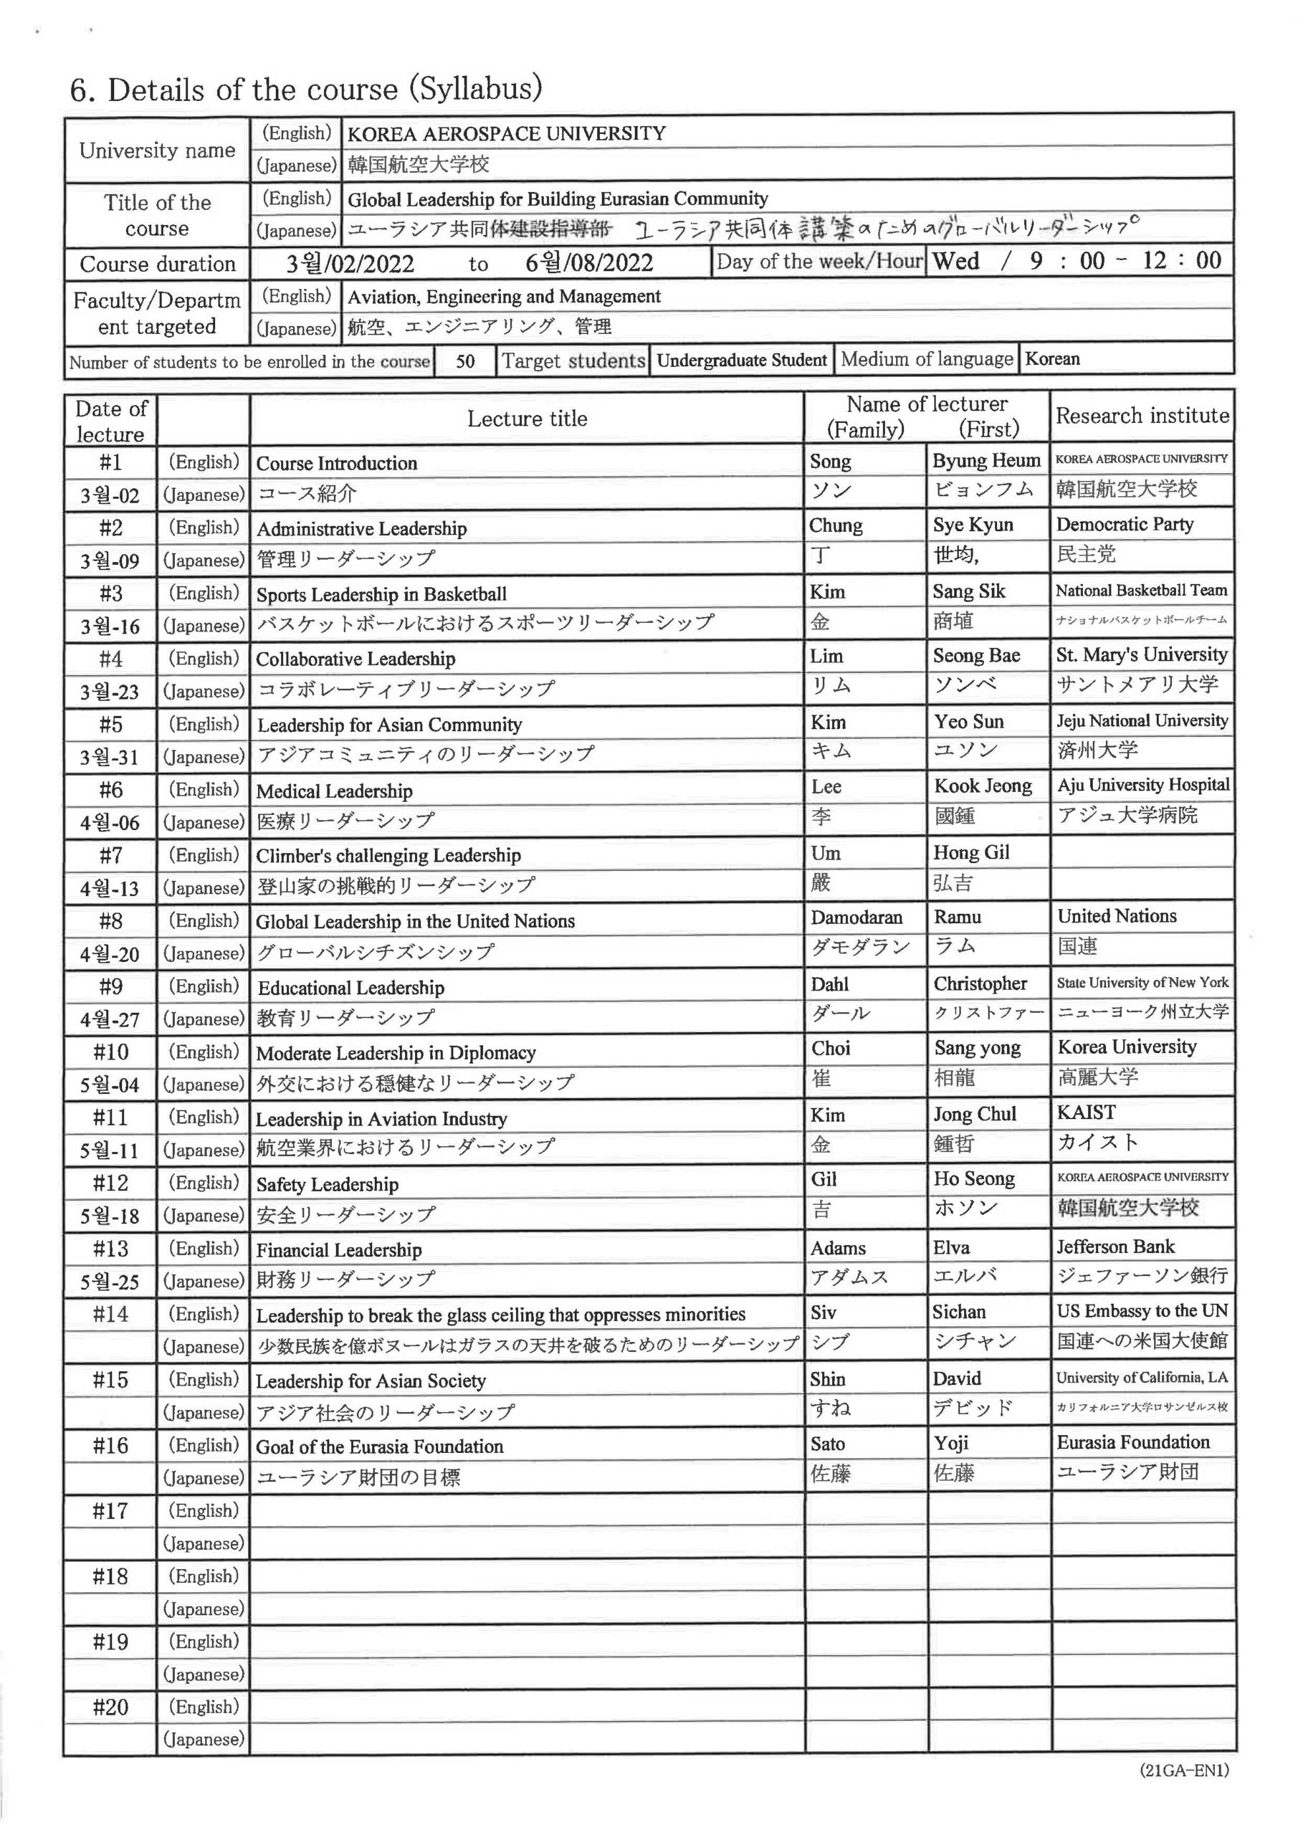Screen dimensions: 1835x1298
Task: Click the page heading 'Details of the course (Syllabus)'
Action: (x=306, y=89)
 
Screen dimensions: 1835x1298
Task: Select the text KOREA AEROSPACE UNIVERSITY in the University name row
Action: (x=506, y=133)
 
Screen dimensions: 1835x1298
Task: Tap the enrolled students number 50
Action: (x=464, y=361)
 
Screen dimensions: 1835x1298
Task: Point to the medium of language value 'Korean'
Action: (x=1052, y=359)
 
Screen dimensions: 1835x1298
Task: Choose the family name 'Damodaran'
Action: (x=856, y=917)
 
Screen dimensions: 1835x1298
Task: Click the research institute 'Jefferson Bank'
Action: (x=1115, y=1246)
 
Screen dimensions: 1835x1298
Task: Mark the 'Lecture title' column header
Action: (x=527, y=419)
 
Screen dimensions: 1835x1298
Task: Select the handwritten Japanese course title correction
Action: (x=887, y=230)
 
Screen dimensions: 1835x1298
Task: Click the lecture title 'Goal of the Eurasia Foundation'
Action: (x=380, y=1446)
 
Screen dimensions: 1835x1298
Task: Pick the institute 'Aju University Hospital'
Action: (x=1143, y=785)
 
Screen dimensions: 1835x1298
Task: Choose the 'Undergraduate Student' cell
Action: (x=741, y=361)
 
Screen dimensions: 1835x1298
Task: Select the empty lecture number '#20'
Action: (x=110, y=1707)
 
